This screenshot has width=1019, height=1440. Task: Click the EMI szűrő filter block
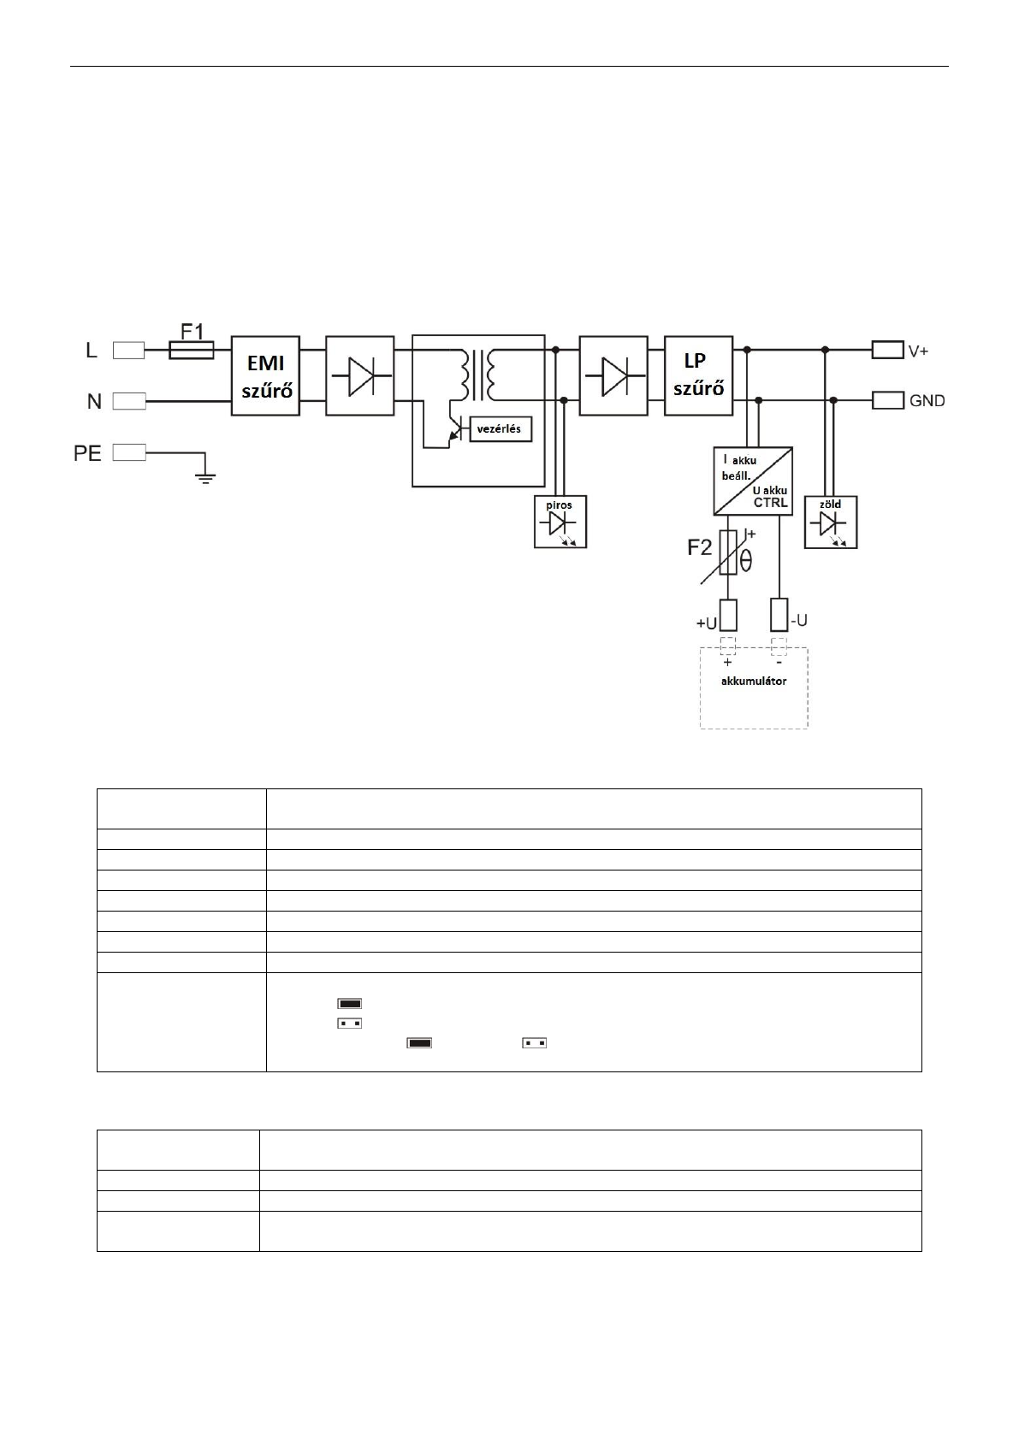point(265,375)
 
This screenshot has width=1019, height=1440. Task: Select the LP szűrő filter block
point(698,375)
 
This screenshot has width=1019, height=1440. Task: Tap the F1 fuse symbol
point(191,351)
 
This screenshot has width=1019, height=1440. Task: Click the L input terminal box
point(128,351)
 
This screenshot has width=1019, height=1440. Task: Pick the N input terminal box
point(128,401)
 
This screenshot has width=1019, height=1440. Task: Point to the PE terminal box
point(128,452)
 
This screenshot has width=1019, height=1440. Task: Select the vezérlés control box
point(501,428)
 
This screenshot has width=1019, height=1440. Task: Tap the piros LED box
point(560,522)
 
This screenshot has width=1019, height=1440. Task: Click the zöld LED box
point(831,522)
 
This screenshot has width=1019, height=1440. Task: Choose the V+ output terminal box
point(888,351)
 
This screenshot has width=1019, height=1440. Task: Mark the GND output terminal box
point(888,401)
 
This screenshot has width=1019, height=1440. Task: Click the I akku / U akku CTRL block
point(753,481)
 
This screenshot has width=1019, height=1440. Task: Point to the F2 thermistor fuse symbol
point(727,553)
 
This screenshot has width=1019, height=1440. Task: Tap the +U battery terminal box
point(727,615)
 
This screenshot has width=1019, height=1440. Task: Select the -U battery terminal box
point(779,615)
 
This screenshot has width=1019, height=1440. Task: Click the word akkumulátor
point(753,681)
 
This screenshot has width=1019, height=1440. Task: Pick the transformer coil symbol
point(477,375)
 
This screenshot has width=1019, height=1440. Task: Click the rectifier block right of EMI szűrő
point(359,375)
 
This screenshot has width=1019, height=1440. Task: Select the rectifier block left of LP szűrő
point(613,375)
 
